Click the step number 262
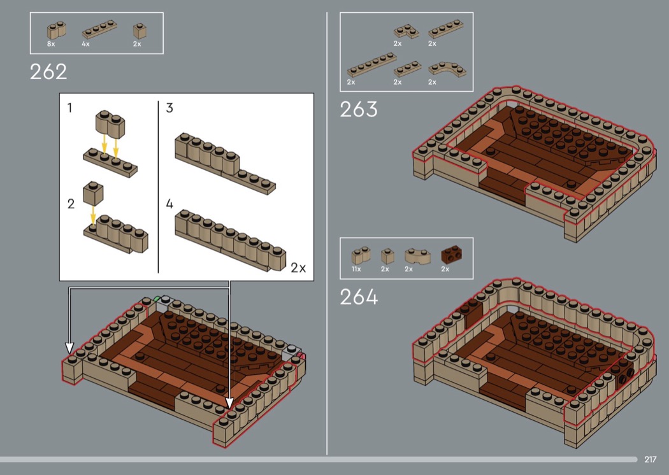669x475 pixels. pos(48,72)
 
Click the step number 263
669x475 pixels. pos(358,110)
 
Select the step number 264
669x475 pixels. pos(359,297)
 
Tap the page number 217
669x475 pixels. pos(650,459)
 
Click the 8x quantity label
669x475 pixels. pos(51,44)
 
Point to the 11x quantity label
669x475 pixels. pos(356,269)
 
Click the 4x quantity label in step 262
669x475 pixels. pos(86,44)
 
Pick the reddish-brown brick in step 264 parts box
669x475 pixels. pos(451,255)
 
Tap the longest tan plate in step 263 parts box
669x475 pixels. pos(371,65)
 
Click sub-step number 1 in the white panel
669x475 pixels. pos(69,108)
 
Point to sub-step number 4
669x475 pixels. pos(169,204)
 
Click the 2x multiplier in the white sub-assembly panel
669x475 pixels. pos(298,267)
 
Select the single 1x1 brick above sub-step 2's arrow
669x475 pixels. pos(93,193)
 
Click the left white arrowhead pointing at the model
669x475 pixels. pos(69,348)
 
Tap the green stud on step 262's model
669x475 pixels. pos(157,299)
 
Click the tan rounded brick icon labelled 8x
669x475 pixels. pos(56,30)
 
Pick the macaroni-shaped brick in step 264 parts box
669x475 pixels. pos(417,256)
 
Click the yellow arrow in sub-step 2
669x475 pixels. pos(93,215)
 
